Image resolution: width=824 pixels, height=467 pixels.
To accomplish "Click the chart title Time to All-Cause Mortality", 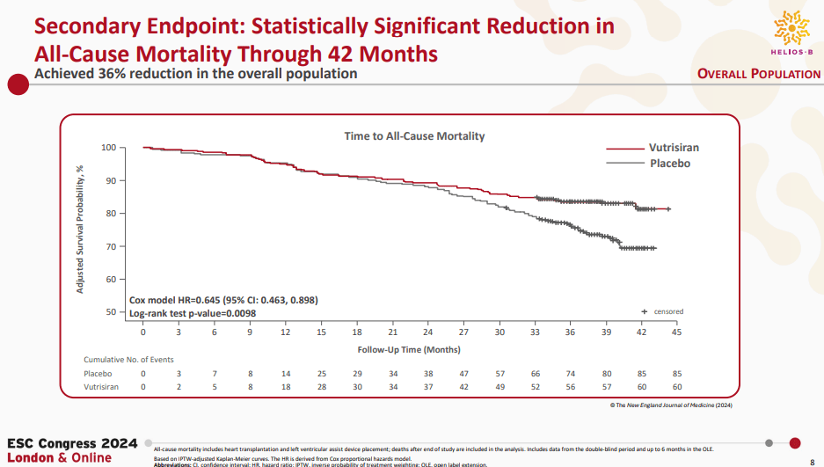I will (413, 136).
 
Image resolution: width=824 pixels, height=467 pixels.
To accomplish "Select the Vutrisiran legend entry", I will (675, 148).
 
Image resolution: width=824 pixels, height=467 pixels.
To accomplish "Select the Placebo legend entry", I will (669, 164).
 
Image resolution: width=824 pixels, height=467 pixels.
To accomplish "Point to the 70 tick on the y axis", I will (110, 246).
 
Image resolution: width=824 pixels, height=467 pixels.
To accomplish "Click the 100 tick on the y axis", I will (108, 148).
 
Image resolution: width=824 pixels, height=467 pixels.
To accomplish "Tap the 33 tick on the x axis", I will (535, 333).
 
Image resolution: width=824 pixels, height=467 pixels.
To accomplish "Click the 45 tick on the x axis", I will (676, 333).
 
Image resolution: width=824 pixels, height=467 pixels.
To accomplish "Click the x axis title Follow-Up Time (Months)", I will (410, 349).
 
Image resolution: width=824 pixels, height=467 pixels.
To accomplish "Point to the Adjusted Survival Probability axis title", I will (80, 230).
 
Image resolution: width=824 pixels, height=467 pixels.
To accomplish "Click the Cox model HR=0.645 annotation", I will (223, 300).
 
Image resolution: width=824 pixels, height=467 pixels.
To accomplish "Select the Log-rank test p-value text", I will (192, 313).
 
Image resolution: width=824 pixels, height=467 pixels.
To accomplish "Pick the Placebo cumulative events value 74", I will (570, 374).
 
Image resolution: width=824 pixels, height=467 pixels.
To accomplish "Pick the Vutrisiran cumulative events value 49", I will (499, 387).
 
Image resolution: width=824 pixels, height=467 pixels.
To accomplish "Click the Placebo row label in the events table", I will (98, 374).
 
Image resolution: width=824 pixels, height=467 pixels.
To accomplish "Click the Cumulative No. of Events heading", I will (128, 361).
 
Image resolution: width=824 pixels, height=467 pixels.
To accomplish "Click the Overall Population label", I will (758, 74).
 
